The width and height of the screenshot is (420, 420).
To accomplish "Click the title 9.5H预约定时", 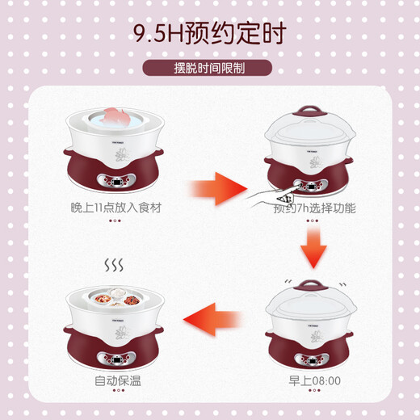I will pyautogui.click(x=209, y=33).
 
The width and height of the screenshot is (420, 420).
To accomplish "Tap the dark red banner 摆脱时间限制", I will pyautogui.click(x=210, y=68).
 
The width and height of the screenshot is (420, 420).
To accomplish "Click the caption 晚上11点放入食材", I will pyautogui.click(x=115, y=208).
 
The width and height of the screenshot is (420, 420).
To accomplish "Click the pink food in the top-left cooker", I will pyautogui.click(x=115, y=115).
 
